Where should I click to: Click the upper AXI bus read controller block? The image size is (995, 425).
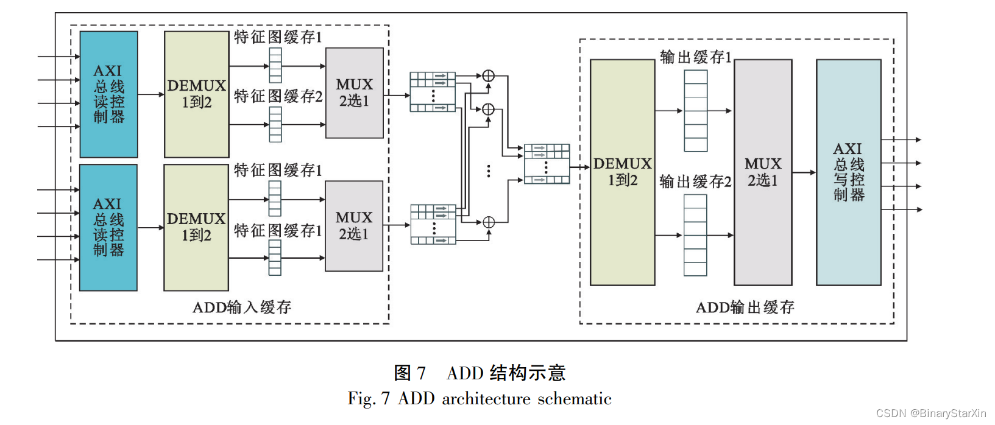click(x=108, y=94)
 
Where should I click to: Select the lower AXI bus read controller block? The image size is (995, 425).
click(x=108, y=227)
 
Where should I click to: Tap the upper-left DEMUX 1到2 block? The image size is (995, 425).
click(x=196, y=94)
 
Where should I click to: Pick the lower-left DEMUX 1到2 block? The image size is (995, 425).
click(x=196, y=227)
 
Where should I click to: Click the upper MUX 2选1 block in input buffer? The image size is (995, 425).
click(x=354, y=93)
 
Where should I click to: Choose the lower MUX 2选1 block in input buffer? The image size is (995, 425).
click(x=353, y=226)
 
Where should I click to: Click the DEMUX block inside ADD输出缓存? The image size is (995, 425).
click(x=622, y=172)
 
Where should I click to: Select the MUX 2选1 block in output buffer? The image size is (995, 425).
click(x=762, y=172)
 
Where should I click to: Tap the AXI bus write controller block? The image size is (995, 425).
click(x=848, y=172)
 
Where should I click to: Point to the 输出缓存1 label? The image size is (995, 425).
click(x=695, y=57)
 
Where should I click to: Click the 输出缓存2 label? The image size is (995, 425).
click(x=695, y=181)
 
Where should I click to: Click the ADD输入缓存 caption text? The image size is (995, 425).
click(x=242, y=307)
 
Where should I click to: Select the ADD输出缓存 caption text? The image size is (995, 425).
click(x=745, y=307)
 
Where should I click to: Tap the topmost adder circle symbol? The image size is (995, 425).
click(x=488, y=76)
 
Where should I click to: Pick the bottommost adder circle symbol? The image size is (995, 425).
click(x=488, y=222)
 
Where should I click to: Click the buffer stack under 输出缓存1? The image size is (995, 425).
click(x=695, y=111)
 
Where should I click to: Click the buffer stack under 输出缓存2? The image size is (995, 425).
click(x=695, y=235)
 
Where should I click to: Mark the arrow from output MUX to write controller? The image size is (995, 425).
click(x=804, y=172)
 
